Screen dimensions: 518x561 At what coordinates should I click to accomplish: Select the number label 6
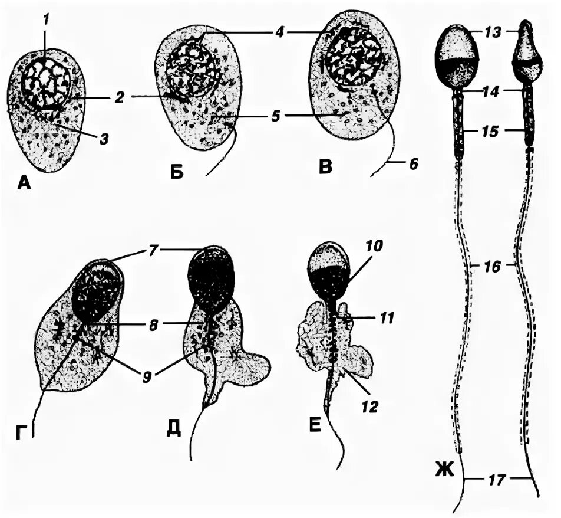coord(412,165)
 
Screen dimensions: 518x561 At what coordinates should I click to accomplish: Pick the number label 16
coord(493,267)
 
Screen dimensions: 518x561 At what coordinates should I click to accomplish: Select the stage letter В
coord(325,166)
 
